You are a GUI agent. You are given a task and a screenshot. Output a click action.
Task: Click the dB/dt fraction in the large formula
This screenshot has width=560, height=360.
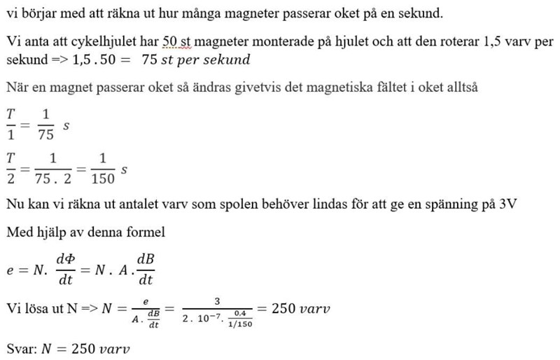(146, 270)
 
